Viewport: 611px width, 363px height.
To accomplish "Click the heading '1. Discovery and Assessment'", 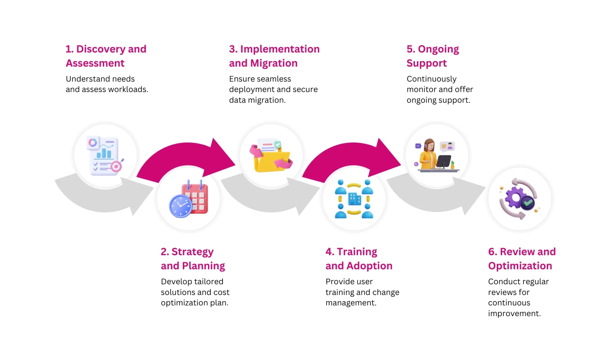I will pos(106,56).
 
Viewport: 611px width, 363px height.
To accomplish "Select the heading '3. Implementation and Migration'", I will pos(274,56).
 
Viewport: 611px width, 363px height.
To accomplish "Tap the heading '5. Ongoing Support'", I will pos(433,56).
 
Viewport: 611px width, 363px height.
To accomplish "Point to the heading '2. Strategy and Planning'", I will pos(193,259).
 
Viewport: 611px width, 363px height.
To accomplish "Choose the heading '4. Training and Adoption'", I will pos(359,259).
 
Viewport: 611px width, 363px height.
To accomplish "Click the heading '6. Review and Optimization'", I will pos(522,259).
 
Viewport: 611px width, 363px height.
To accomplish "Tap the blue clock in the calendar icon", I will pos(180,206).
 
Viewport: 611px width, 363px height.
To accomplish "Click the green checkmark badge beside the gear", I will pos(528,203).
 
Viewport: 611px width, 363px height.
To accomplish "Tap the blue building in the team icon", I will pos(354,199).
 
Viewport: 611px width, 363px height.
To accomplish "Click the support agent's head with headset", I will pos(429,145).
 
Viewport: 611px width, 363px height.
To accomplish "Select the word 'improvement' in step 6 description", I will pos(514,313).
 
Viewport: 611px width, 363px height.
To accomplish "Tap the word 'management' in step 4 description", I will pos(350,303).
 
